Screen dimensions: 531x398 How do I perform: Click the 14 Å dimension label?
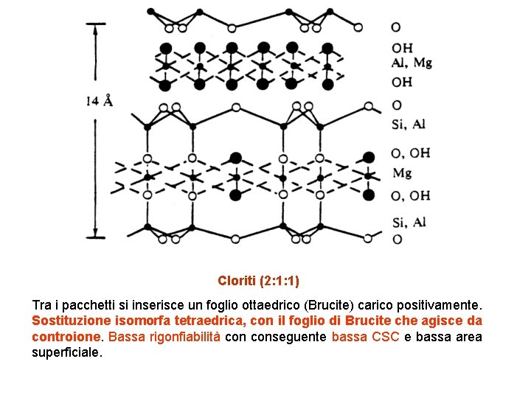click(99, 102)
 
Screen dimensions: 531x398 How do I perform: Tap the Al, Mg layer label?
click(412, 63)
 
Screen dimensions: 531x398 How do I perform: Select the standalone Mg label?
click(402, 173)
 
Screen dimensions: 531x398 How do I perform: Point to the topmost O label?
click(397, 27)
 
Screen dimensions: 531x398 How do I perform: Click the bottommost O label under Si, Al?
click(397, 239)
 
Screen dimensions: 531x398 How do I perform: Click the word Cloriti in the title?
click(235, 281)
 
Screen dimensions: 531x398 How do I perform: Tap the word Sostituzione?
click(68, 321)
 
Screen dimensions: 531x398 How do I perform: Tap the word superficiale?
click(66, 353)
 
